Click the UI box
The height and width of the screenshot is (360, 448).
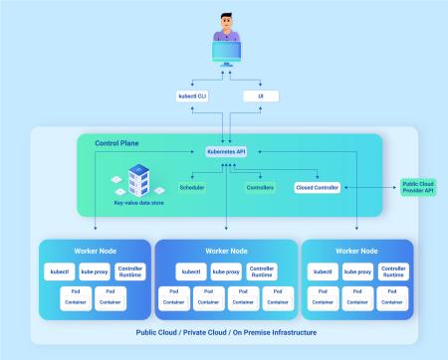click(261, 96)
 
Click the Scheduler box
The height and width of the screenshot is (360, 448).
click(193, 187)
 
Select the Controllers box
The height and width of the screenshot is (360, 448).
click(261, 187)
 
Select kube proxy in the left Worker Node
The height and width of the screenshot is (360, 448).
click(97, 271)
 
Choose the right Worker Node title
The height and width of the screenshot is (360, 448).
click(356, 251)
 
